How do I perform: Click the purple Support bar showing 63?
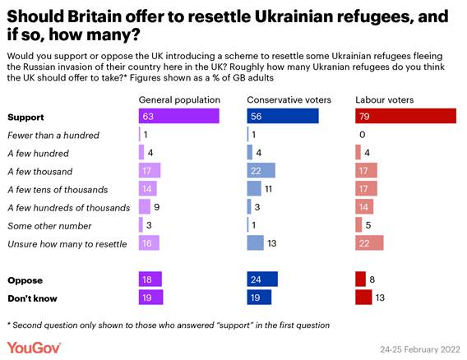tap(179, 117)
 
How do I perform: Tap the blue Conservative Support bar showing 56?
tap(283, 117)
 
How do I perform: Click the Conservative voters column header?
tap(286, 99)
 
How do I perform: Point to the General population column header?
tap(179, 99)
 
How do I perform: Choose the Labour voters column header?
tap(385, 99)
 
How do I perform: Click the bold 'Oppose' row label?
tap(25, 279)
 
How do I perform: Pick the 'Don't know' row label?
tap(33, 297)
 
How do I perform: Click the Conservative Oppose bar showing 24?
tap(262, 279)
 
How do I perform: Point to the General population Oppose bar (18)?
tap(151, 279)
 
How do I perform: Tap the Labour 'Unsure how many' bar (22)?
tap(370, 243)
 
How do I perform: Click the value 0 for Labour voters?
tap(362, 135)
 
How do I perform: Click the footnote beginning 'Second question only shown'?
tap(169, 324)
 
